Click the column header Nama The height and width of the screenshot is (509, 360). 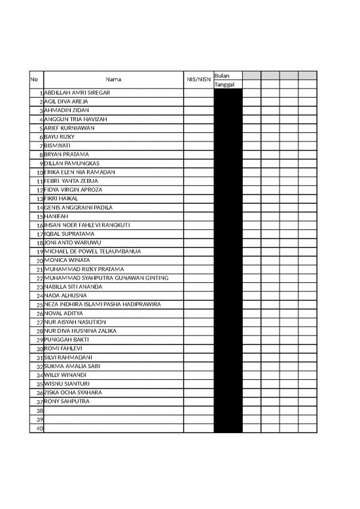click(113, 80)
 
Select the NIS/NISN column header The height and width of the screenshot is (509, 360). click(198, 80)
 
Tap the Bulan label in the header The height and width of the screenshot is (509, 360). click(221, 75)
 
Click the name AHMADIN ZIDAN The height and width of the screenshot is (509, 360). click(66, 111)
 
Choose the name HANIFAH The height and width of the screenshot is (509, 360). click(56, 216)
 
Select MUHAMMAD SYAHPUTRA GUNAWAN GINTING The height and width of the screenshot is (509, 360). click(106, 278)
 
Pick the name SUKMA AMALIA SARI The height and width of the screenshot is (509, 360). click(72, 366)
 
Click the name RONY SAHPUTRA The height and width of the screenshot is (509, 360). click(66, 402)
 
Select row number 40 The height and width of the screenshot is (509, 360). click(39, 428)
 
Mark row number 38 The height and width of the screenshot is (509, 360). click(39, 411)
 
